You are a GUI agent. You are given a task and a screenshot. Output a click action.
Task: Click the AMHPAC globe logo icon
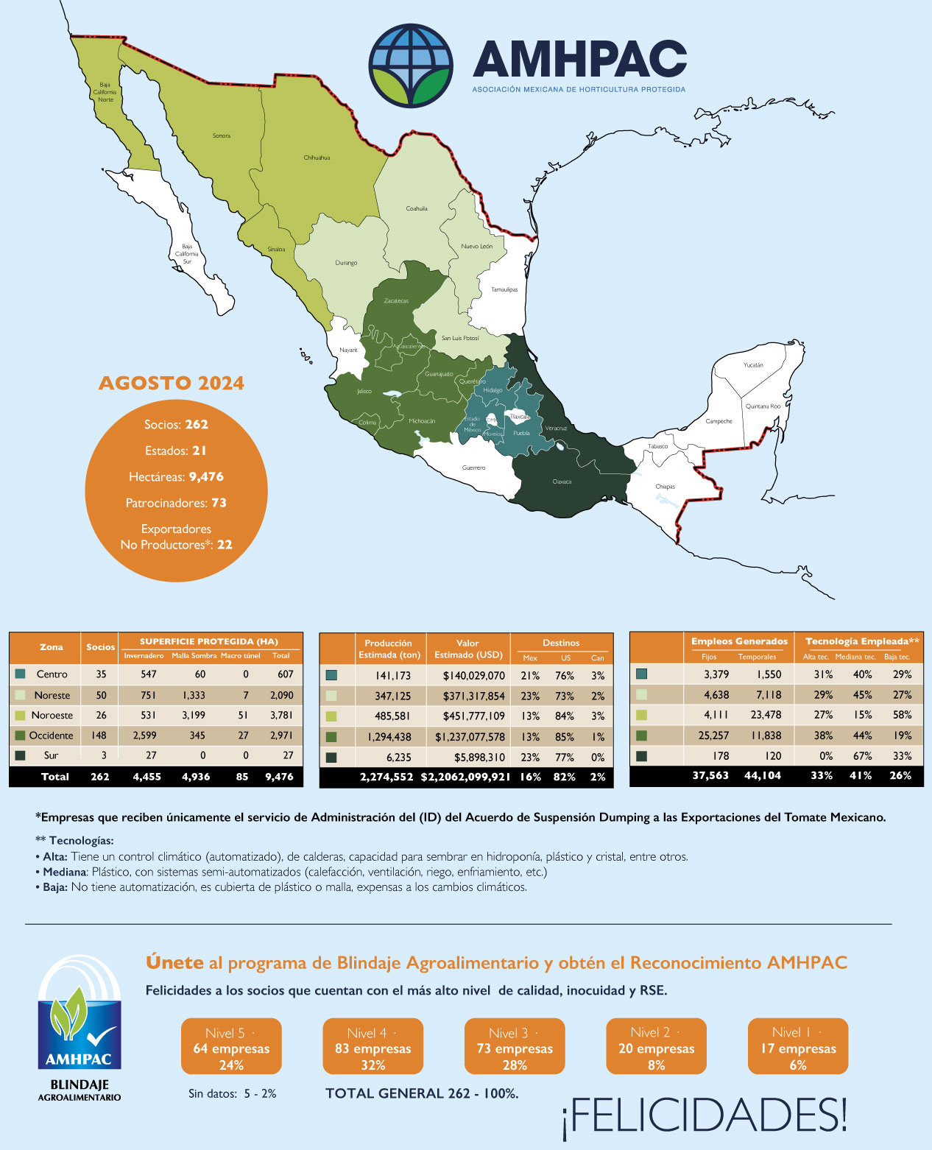coord(411,66)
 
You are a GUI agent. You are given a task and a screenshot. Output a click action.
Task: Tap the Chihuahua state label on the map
coord(317,158)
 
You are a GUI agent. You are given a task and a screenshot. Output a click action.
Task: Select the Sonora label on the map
coord(222,135)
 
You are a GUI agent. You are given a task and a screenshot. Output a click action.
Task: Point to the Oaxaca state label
coord(562,481)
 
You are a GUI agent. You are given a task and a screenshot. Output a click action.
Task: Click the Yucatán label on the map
coord(753,365)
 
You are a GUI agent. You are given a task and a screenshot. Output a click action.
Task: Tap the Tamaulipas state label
coord(504,289)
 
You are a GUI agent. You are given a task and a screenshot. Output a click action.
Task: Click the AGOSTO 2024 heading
coord(172,384)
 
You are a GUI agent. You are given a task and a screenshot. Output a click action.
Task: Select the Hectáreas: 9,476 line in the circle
coord(176,477)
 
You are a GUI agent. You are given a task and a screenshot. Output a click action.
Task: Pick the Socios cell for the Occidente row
coord(99,735)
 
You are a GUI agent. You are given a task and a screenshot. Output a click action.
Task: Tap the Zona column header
coord(51,647)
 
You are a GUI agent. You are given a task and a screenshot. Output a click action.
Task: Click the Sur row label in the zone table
coord(51,755)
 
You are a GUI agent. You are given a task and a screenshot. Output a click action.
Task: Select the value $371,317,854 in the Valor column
coord(468,696)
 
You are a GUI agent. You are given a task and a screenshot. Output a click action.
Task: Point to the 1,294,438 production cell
coord(387,737)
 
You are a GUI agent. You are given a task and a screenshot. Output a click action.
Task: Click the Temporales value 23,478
coord(760,715)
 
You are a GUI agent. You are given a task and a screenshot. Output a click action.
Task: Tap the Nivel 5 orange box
coord(231,1047)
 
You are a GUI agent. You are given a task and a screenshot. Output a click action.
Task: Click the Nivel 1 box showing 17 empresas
coord(798,1047)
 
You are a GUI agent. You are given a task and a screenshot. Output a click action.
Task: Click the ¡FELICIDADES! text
coord(705,1115)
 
